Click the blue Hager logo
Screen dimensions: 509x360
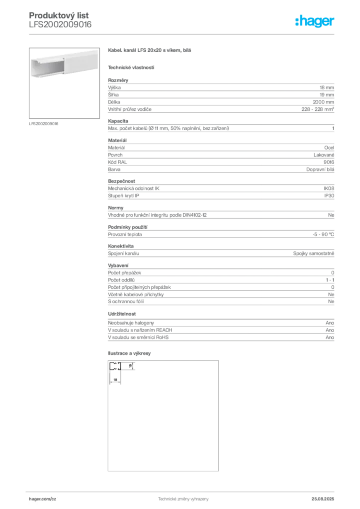[x=316, y=22]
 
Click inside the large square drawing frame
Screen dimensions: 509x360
[x=163, y=415]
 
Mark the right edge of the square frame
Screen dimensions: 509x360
[x=216, y=415]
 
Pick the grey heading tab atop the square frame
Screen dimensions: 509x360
[x=131, y=353]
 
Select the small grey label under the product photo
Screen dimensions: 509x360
[x=44, y=124]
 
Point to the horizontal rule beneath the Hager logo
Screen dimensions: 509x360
[x=199, y=33]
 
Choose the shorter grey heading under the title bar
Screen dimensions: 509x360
[x=131, y=67]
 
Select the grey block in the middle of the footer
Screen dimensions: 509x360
[x=179, y=497]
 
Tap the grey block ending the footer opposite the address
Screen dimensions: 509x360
[x=326, y=497]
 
